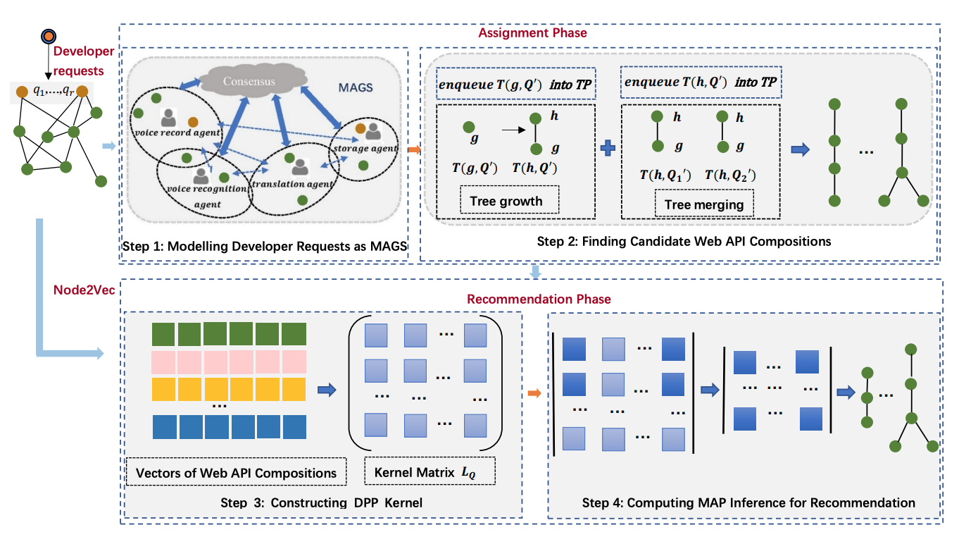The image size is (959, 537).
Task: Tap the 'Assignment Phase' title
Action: [x=532, y=33]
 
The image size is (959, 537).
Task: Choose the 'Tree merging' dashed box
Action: [x=703, y=204]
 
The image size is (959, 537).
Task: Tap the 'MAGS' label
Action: [x=356, y=89]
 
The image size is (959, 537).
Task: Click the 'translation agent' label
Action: [x=299, y=184]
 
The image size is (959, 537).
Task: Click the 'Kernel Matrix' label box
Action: [x=430, y=471]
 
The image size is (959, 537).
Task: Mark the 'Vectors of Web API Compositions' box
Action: [x=237, y=472]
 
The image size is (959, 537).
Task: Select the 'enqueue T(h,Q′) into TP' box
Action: [x=701, y=83]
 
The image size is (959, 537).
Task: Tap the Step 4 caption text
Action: [x=748, y=502]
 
